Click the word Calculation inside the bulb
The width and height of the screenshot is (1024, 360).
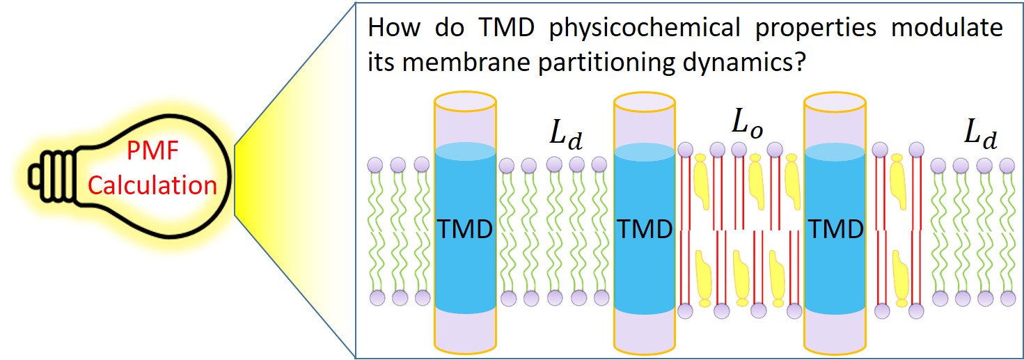click(152, 186)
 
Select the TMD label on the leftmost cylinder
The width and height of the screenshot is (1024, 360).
click(465, 229)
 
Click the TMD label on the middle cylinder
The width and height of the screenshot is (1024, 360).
click(645, 229)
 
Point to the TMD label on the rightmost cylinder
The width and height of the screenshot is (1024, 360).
click(835, 229)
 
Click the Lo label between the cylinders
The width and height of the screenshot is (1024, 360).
click(747, 123)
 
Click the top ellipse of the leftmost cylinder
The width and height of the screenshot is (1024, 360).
click(465, 103)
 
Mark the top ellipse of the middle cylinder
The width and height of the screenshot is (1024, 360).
click(645, 103)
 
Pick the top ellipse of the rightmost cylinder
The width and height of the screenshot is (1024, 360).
click(835, 103)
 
